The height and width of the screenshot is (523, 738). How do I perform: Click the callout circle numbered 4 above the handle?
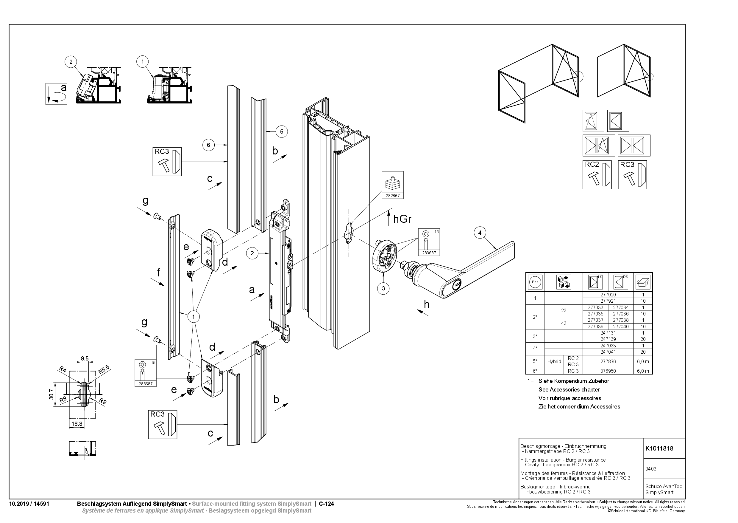(480, 233)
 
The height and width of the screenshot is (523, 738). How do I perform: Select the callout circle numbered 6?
(208, 145)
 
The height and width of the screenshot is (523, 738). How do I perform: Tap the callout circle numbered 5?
(282, 131)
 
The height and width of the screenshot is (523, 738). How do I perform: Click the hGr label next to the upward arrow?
(402, 219)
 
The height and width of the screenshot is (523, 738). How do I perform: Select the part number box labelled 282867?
(393, 185)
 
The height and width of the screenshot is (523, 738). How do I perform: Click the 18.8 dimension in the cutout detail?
(77, 424)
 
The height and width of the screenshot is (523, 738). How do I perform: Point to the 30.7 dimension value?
(52, 394)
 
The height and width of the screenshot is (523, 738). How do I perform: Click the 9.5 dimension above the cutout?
(85, 358)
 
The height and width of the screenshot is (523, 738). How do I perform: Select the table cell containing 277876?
(608, 361)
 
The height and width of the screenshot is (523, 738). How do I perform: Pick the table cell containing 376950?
(608, 371)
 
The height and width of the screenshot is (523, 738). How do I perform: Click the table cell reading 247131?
(608, 333)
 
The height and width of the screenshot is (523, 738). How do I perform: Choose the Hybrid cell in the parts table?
(554, 361)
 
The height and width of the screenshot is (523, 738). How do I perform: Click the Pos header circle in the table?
(535, 282)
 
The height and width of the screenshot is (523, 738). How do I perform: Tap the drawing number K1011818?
(659, 448)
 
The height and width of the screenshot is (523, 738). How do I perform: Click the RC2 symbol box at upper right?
(597, 174)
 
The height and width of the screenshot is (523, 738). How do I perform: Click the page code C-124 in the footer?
(326, 504)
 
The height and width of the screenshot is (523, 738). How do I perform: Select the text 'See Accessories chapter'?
(569, 390)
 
